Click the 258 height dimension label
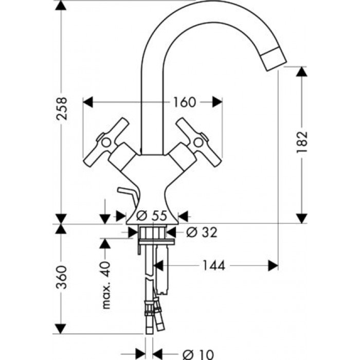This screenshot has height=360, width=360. pos(62,109)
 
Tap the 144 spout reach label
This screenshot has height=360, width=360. pos(213,265)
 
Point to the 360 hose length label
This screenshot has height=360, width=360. pos(62,278)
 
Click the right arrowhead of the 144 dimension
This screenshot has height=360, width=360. pos(272,265)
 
